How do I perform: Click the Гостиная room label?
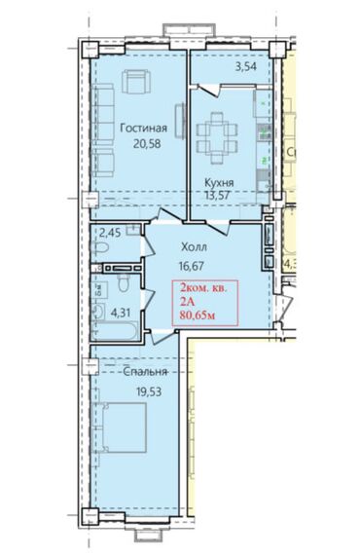tap(143, 128)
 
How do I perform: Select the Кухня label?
tap(219, 183)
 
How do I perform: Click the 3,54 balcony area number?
tap(245, 66)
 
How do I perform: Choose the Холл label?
tap(194, 246)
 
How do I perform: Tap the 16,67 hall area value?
tap(192, 266)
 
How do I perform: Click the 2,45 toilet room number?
tap(110, 233)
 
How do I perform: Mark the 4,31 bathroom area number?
tap(121, 314)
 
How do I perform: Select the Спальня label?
tap(145, 372)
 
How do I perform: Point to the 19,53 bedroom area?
tap(149, 391)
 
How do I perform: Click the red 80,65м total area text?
tap(198, 315)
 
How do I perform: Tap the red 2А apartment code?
tap(188, 302)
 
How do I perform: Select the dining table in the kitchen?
tap(217, 137)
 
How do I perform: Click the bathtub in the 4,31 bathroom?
tap(115, 330)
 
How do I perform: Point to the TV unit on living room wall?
tap(181, 121)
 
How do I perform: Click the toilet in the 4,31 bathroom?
tap(124, 282)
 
